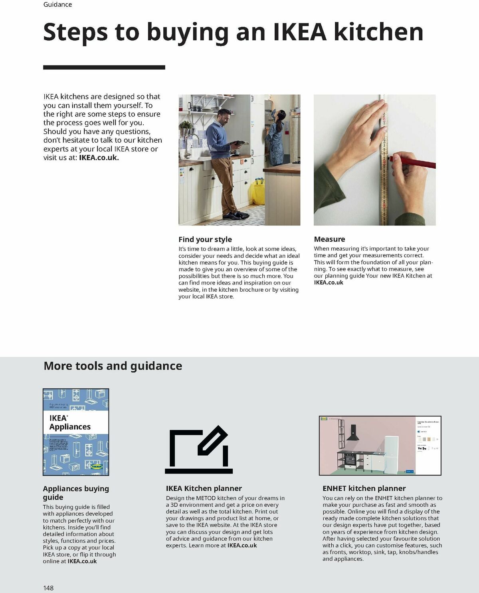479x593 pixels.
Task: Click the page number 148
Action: coord(48,588)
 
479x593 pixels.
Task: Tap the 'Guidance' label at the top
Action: coord(57,5)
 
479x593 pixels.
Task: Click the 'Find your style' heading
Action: coord(205,239)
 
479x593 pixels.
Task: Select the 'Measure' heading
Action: coord(329,239)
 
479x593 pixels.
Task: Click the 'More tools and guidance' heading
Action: coord(113,366)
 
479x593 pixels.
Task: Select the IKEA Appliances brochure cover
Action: coord(76,432)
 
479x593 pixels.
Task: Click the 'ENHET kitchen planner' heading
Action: coord(364,488)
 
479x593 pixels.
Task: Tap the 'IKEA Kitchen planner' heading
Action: coord(204,488)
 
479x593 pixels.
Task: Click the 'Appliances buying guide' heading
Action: coord(76,493)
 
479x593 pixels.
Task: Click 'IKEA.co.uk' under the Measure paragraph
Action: coord(328,283)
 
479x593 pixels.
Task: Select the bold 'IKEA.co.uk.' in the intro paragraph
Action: coord(99,157)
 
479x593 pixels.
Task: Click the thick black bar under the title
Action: coord(104,68)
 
